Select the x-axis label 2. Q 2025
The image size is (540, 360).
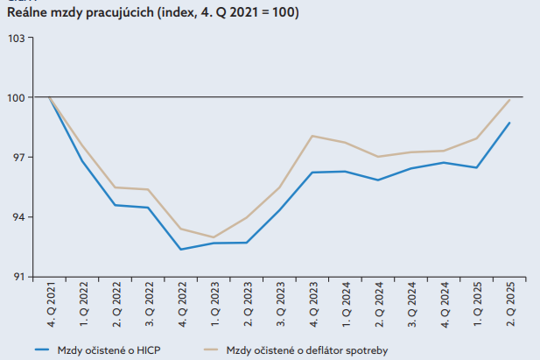[x=510, y=303]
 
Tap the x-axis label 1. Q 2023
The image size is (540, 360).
[x=214, y=303]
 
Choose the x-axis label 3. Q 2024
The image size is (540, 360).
[x=411, y=303]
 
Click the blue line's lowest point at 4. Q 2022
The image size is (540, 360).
[x=181, y=250]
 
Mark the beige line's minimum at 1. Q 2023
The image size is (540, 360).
[x=214, y=237]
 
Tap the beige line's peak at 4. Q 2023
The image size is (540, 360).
[x=312, y=136]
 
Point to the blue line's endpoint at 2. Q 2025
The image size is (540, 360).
[x=509, y=123]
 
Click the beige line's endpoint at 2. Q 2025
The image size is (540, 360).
[x=509, y=99]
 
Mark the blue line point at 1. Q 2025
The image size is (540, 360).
[x=477, y=167]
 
